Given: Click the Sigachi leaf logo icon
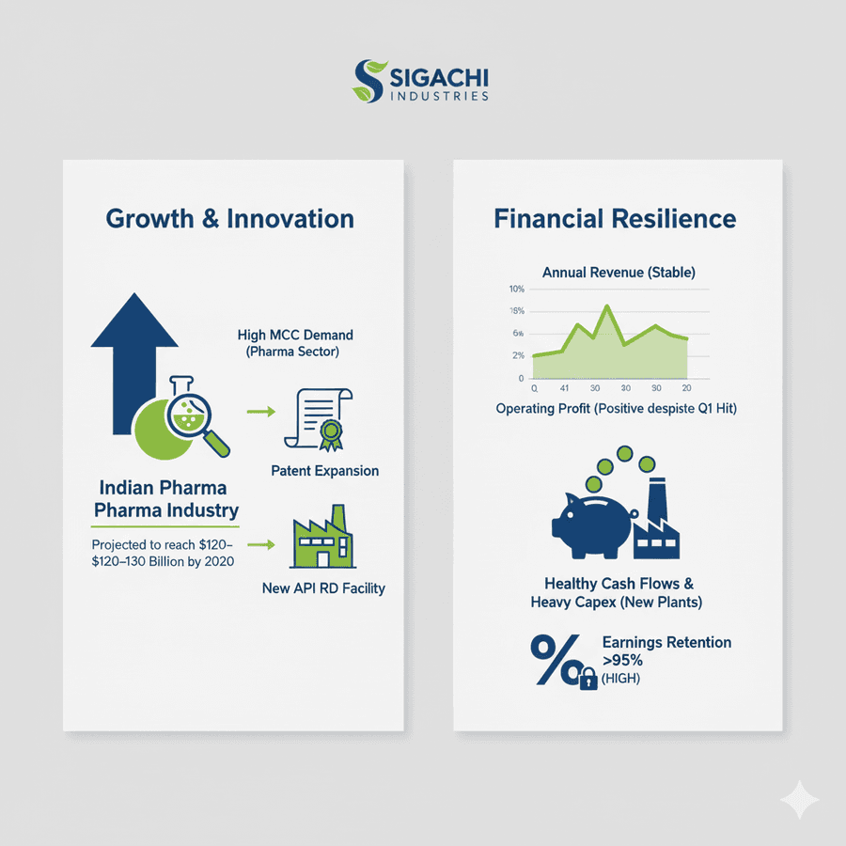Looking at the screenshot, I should click(x=369, y=81).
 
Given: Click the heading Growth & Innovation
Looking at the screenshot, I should click(x=229, y=219).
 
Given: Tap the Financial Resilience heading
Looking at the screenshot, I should click(x=615, y=219).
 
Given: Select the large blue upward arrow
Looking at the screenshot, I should click(x=134, y=357).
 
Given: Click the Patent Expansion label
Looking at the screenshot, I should click(x=324, y=470).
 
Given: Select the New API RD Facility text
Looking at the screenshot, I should click(x=323, y=588).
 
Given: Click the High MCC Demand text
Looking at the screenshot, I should click(x=296, y=336).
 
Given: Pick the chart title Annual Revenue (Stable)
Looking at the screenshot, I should click(x=619, y=273).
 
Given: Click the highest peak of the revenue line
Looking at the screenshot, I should click(x=607, y=306).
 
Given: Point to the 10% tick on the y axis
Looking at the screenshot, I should click(x=515, y=290).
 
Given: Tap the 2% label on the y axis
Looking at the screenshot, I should click(x=517, y=356).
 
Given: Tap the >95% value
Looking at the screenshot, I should click(x=623, y=660).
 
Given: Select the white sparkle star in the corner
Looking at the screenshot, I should click(x=799, y=799).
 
